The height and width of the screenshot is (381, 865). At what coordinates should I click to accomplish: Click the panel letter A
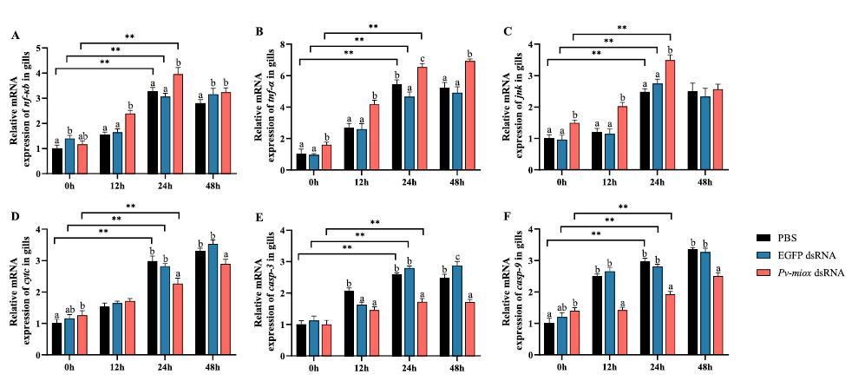[16, 35]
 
